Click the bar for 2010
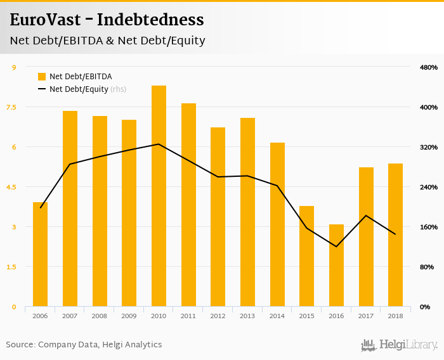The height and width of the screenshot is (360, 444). pyautogui.click(x=159, y=196)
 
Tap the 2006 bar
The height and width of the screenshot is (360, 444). pyautogui.click(x=40, y=254)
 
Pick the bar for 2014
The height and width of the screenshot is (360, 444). pyautogui.click(x=277, y=224)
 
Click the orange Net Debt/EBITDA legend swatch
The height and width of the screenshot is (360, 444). pyautogui.click(x=42, y=77)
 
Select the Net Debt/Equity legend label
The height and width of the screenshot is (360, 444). pyautogui.click(x=79, y=89)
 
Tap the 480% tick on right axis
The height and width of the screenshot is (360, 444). pyautogui.click(x=429, y=67)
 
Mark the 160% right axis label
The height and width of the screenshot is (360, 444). pyautogui.click(x=429, y=227)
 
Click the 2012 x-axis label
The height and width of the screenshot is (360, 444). pyautogui.click(x=218, y=316)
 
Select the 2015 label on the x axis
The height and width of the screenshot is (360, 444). pyautogui.click(x=306, y=316)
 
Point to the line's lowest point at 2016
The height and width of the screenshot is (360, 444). pyautogui.click(x=336, y=247)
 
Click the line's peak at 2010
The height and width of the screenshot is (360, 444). pyautogui.click(x=159, y=144)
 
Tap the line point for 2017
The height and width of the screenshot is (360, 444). pyautogui.click(x=366, y=215)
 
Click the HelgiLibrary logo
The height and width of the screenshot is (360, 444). pyautogui.click(x=399, y=345)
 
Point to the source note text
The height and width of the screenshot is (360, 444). pyautogui.click(x=84, y=345)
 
